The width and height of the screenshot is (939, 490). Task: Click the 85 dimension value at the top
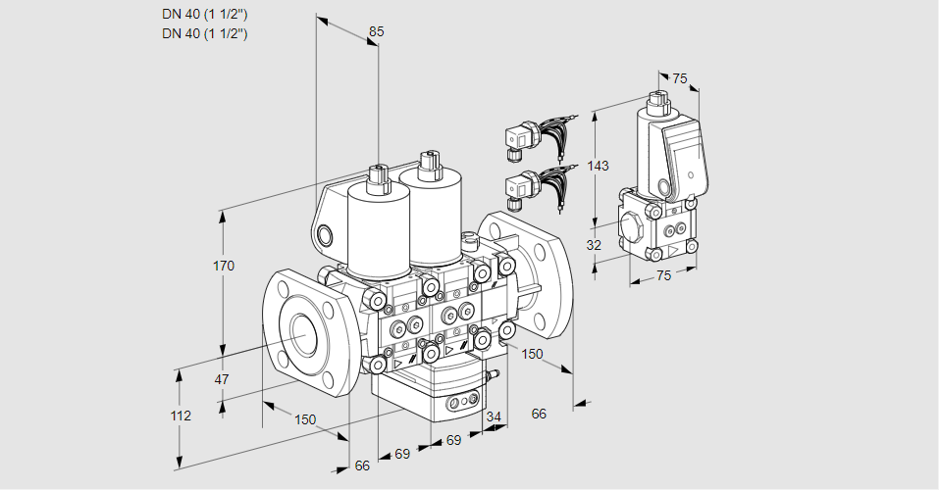coord(376,31)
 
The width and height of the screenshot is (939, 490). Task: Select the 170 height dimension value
coord(224,266)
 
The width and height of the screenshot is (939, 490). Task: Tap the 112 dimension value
coord(180,416)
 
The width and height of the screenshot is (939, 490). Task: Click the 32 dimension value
coord(594,245)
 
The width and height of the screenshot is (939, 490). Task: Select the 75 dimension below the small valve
coord(663,276)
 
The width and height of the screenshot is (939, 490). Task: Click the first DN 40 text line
coord(205,14)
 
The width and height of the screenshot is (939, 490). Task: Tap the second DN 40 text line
coord(205,33)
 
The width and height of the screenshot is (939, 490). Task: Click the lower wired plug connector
coord(521,188)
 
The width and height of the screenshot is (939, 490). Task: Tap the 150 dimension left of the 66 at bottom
coord(305,419)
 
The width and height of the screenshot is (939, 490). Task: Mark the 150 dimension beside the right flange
coord(532,354)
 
